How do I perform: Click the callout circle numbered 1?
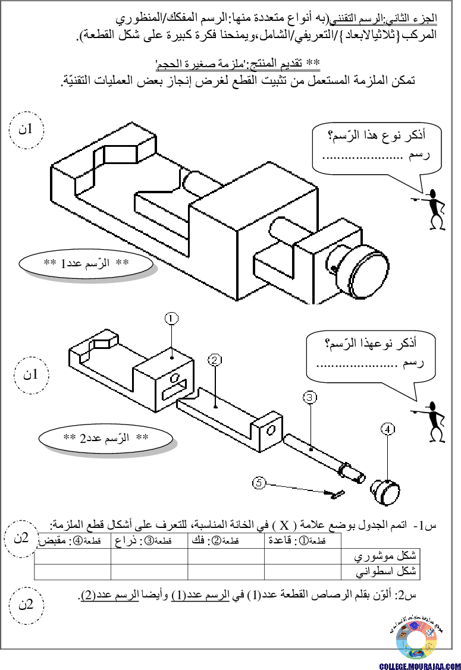[x=171, y=319]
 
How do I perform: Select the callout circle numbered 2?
[x=215, y=360]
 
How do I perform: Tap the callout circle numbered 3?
[x=309, y=398]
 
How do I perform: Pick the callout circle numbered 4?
[x=387, y=429]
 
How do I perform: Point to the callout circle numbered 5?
[x=259, y=483]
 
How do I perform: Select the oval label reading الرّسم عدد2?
[x=106, y=438]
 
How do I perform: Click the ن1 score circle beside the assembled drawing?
[x=26, y=130]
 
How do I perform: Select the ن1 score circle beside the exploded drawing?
[x=31, y=375]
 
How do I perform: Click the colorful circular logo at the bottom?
[x=416, y=640]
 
